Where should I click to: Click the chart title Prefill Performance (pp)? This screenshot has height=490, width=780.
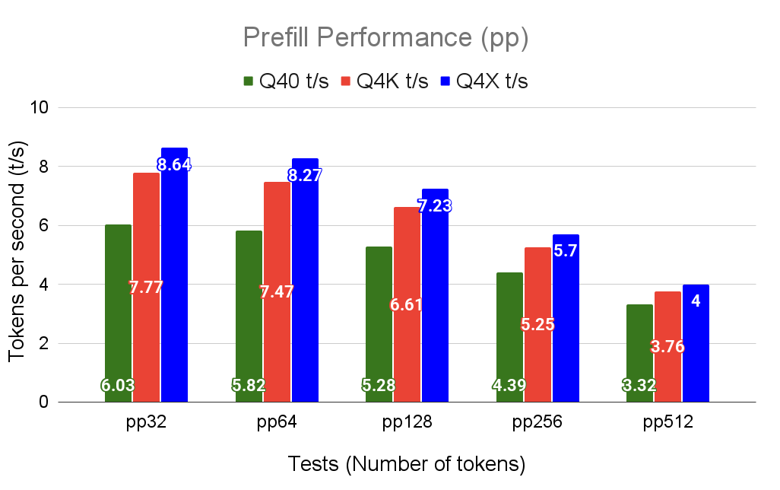pos(385,37)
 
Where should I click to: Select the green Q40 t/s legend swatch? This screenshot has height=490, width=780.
pos(249,81)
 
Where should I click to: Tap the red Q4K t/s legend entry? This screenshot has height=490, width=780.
pos(385,81)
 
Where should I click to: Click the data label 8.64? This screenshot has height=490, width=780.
pos(174,164)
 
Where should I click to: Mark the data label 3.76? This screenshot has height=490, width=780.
pos(667,347)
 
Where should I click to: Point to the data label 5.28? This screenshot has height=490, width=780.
pos(379,386)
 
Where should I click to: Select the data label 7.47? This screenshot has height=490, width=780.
pos(277,291)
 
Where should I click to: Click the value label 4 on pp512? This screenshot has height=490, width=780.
pos(696,301)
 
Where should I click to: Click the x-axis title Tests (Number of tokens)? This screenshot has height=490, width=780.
pos(407,463)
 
